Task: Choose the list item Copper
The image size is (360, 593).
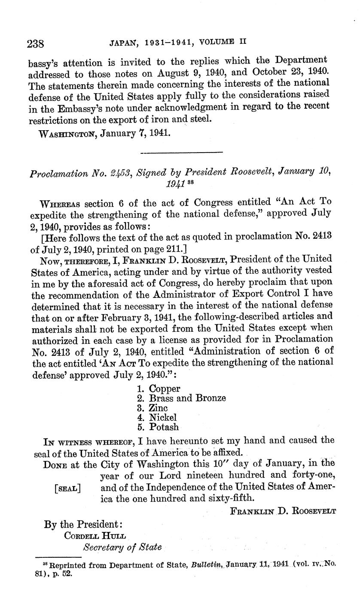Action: click(x=165, y=388)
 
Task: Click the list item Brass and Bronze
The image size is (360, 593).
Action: click(x=187, y=398)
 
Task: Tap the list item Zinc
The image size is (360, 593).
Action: click(x=158, y=408)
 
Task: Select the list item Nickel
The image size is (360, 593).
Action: click(x=163, y=417)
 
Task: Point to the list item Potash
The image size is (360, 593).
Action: click(x=164, y=427)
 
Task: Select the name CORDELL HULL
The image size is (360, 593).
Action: click(x=92, y=535)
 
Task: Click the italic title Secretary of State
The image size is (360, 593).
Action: click(x=122, y=547)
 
